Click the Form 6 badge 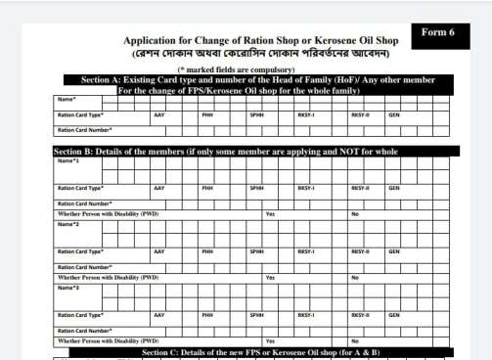[x=437, y=32]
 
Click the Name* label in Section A [x=67, y=100]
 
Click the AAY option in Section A [x=158, y=115]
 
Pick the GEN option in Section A [x=393, y=115]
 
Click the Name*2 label [x=67, y=224]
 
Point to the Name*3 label [x=67, y=288]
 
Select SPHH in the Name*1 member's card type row [x=257, y=188]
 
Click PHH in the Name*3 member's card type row [x=207, y=315]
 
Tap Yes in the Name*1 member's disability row [x=270, y=213]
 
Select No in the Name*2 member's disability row [x=355, y=277]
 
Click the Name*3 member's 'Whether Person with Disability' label [x=108, y=340]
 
